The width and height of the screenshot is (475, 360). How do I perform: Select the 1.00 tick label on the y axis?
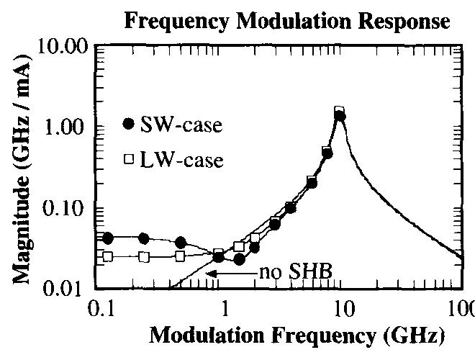(x=65, y=127)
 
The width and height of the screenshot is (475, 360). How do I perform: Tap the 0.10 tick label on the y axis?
(x=65, y=209)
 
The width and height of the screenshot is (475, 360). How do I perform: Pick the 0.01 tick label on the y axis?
(x=65, y=289)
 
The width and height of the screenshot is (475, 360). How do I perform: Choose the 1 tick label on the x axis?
(x=225, y=311)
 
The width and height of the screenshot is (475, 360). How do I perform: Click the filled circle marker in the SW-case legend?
(x=128, y=125)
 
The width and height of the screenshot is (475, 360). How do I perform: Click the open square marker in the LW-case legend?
(x=129, y=159)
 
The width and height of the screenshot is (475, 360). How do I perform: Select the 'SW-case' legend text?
(x=180, y=125)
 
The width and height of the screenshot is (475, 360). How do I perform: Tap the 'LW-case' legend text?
(x=181, y=159)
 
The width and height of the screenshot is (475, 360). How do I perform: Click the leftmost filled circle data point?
(x=108, y=238)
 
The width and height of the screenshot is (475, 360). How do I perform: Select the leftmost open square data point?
(x=108, y=256)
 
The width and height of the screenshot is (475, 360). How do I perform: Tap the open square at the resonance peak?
(x=339, y=112)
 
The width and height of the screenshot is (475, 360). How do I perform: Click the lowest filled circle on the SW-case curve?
(x=240, y=259)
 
